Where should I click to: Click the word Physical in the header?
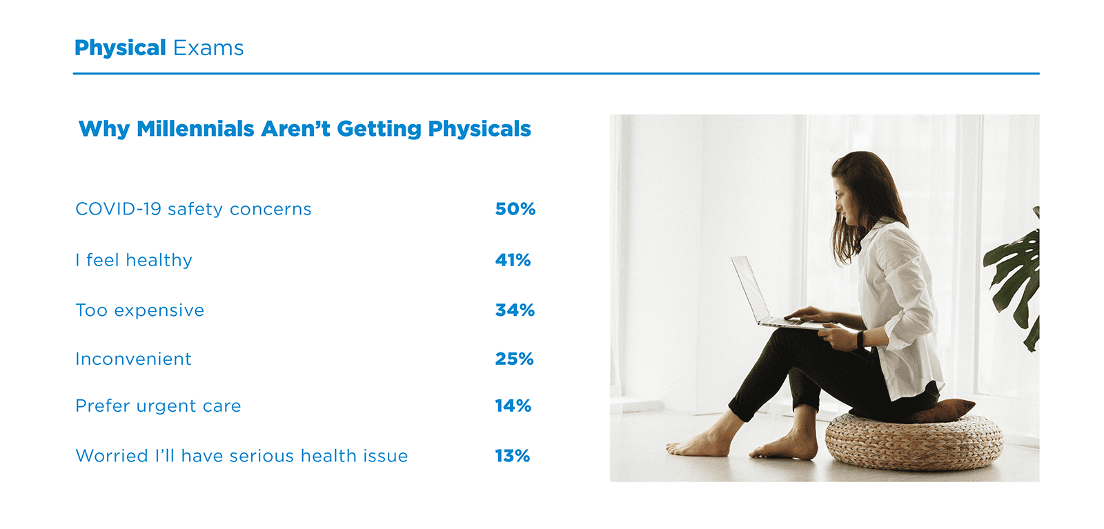click(120, 48)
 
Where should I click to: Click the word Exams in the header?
click(208, 48)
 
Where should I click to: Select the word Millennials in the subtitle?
click(195, 129)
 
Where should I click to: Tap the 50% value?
click(515, 209)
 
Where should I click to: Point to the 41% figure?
click(513, 260)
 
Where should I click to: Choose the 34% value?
click(515, 310)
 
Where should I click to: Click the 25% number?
click(514, 359)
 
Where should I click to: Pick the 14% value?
click(513, 406)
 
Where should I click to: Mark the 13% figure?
click(512, 456)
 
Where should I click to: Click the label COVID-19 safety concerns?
click(193, 209)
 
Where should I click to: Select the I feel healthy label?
click(134, 260)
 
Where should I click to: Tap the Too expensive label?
click(140, 310)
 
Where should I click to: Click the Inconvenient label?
click(133, 359)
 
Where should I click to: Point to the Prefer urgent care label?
click(158, 406)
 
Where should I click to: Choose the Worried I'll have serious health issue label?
click(241, 456)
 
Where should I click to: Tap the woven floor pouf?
click(914, 441)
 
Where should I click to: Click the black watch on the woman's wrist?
click(860, 339)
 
